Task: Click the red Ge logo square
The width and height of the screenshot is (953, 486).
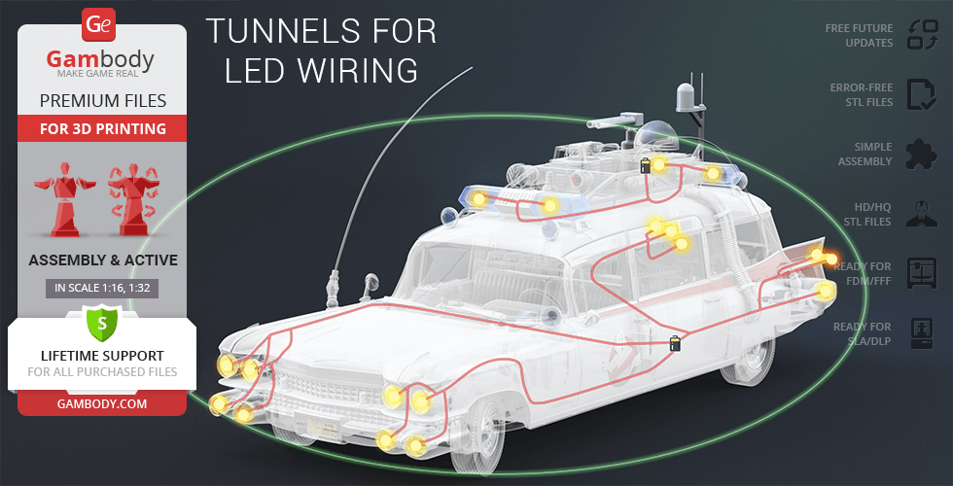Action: click(100, 24)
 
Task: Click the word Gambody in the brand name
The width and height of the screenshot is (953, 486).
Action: click(100, 60)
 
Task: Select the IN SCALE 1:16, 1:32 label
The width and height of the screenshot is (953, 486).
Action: click(101, 288)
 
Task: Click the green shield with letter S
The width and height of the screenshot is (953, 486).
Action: click(101, 319)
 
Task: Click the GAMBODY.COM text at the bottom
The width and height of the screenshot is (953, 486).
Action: click(101, 401)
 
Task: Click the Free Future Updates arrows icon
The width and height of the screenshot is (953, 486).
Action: click(920, 35)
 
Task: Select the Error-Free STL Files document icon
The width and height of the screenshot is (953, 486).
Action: click(920, 94)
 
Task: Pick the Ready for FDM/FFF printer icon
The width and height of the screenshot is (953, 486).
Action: click(920, 273)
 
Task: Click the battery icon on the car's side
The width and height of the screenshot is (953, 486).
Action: click(675, 342)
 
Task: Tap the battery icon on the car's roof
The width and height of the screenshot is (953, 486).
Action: click(645, 166)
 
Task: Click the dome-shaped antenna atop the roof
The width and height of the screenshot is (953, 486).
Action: click(688, 97)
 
